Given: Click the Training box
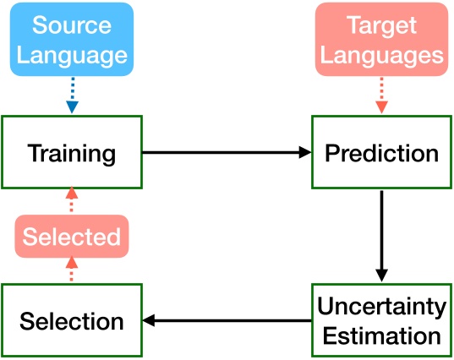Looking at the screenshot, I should (72, 153).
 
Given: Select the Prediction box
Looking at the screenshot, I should (381, 153).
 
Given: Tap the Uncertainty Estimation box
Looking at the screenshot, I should (381, 320).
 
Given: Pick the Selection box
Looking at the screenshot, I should (72, 320).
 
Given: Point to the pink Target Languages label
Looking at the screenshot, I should (381, 40).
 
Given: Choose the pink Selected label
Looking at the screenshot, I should (72, 237).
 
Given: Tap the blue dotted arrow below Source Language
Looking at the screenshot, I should (72, 95).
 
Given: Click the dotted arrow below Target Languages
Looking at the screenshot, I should (381, 95).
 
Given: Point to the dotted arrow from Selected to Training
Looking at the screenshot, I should (72, 202).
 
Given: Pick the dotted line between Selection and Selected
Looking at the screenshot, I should (72, 271).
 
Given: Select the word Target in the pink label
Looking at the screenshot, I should (381, 25).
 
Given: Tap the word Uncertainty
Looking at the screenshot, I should (381, 306).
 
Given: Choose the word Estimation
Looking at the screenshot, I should (381, 335).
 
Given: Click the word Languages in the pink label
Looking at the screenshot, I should (381, 55).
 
